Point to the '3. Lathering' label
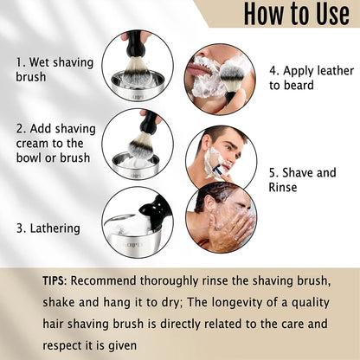[48, 228]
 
